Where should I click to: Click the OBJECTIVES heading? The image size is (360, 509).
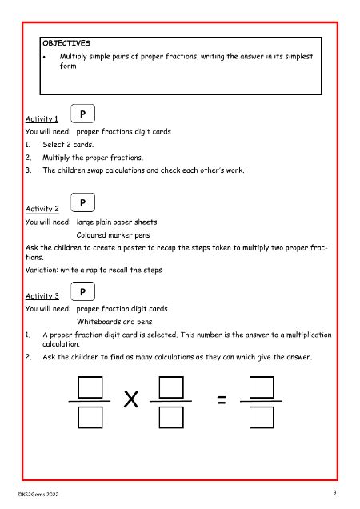(x=67, y=42)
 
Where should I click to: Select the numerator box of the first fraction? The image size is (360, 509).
(x=94, y=386)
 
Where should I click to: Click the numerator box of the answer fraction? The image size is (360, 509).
(x=262, y=386)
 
